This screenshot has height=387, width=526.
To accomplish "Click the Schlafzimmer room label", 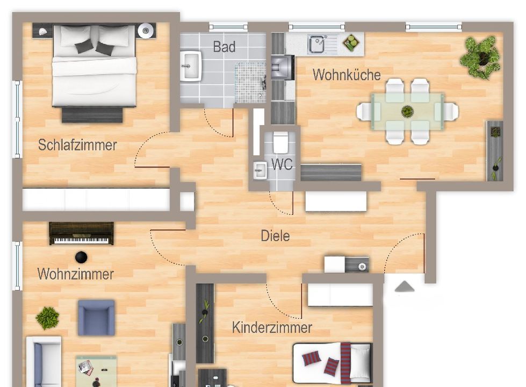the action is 77,145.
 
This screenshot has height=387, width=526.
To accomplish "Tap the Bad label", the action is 224,47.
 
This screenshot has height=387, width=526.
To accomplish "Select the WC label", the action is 282,164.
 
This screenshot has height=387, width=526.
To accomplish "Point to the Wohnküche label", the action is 347,75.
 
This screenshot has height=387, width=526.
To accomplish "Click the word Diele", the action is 275,235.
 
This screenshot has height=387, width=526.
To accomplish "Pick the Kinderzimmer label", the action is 272,327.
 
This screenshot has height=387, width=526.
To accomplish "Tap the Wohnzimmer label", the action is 75,274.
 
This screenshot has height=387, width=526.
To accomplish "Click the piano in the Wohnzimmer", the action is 81,233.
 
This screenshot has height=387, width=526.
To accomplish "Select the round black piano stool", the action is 81,257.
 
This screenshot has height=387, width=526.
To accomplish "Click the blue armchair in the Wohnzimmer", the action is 96,318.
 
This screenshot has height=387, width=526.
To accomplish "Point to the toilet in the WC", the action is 280,142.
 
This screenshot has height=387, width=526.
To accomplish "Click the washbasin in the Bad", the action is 191,66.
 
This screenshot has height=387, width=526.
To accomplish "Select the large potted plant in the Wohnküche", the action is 481,58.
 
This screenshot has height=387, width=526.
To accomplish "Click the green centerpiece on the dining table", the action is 407,111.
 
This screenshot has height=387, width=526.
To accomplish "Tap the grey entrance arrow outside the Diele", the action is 405,286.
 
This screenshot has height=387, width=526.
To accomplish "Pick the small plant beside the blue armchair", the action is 47,318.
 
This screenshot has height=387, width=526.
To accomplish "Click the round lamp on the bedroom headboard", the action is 146,31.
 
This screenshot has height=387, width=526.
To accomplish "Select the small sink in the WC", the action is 260,170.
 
